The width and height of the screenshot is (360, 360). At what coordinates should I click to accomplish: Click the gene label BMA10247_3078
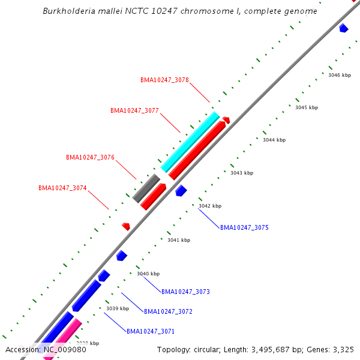tap(164, 80)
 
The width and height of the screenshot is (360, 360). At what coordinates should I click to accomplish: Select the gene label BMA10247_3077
tap(134, 110)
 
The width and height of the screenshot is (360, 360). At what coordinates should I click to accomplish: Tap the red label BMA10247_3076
tap(90, 157)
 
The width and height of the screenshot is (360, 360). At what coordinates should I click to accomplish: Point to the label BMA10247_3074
tap(62, 188)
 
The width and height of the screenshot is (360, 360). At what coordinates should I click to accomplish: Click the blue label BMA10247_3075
tap(244, 227)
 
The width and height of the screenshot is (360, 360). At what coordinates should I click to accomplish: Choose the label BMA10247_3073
tap(185, 292)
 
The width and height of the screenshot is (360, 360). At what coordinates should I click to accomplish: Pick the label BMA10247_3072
tap(168, 311)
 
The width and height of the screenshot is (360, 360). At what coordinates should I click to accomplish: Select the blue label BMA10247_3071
tap(151, 331)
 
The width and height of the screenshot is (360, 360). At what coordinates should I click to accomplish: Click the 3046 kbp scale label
tap(340, 75)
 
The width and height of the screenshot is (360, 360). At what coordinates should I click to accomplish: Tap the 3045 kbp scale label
tap(307, 107)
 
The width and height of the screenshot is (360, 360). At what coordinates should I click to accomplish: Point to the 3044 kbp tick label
tap(274, 140)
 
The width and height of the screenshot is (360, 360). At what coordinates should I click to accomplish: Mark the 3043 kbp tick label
tap(242, 173)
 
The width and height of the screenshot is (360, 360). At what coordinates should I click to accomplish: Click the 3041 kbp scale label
tap(179, 240)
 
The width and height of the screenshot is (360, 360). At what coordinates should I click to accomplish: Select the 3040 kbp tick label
tap(148, 274)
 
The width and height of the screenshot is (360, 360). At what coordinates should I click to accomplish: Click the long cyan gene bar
tap(190, 142)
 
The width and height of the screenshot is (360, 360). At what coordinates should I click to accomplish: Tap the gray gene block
tap(146, 188)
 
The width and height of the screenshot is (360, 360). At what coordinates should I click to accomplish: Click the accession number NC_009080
tap(64, 349)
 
